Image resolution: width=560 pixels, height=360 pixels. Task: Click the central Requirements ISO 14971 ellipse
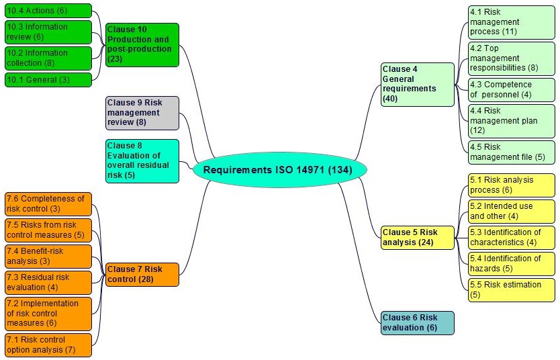pyautogui.click(x=281, y=171)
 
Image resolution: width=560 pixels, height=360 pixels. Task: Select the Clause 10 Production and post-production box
pyautogui.click(x=142, y=45)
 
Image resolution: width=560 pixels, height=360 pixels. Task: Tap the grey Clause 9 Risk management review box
pyautogui.click(x=142, y=113)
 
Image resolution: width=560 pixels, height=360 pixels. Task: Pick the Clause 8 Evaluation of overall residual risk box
pyautogui.click(x=142, y=161)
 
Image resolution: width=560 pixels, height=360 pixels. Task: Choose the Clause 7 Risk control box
pyautogui.click(x=142, y=275)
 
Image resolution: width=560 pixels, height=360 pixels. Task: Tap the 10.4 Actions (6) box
pyautogui.click(x=48, y=11)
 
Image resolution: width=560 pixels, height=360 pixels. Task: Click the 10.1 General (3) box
pyautogui.click(x=48, y=80)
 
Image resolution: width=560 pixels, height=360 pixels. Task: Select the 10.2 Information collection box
pyautogui.click(x=48, y=58)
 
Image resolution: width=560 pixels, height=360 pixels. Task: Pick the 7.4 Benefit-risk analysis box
pyautogui.click(x=48, y=256)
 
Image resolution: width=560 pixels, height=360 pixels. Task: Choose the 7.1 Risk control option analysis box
pyautogui.click(x=48, y=345)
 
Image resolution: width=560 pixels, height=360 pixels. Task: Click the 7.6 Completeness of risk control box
pyautogui.click(x=48, y=204)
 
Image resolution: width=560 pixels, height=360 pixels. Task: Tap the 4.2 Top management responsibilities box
pyautogui.click(x=512, y=58)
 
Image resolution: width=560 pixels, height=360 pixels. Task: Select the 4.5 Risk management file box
pyautogui.click(x=512, y=152)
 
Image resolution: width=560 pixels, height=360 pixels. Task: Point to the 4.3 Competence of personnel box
pyautogui.click(x=512, y=90)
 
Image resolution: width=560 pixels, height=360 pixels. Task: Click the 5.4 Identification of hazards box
pyautogui.click(x=512, y=263)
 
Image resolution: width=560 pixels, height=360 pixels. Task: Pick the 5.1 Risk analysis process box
pyautogui.click(x=512, y=185)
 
